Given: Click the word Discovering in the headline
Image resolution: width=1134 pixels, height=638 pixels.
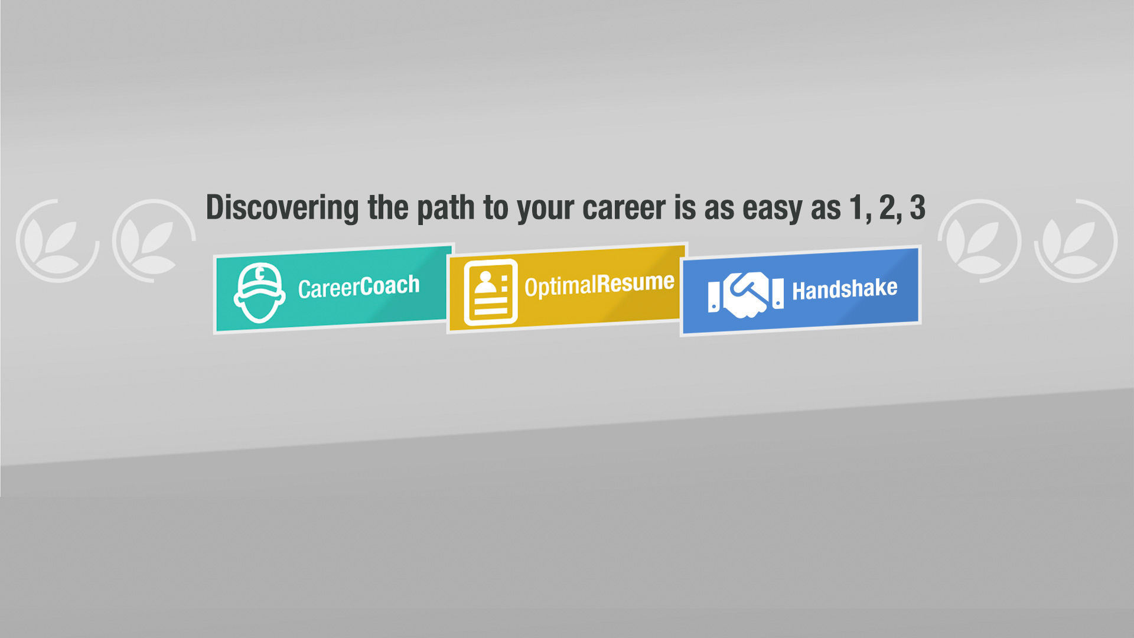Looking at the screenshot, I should click(282, 209).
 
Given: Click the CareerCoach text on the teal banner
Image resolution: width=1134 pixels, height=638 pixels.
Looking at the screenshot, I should click(359, 287).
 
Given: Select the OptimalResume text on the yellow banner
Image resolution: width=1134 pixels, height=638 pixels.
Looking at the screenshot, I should click(599, 285).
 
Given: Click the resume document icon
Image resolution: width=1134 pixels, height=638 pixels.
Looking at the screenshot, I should click(490, 292).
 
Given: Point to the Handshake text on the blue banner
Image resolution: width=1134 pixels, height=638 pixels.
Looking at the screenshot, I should click(845, 289).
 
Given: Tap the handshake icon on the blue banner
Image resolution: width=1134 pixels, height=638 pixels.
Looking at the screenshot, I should click(746, 294).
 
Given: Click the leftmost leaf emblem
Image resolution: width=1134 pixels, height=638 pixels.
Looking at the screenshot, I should click(57, 241).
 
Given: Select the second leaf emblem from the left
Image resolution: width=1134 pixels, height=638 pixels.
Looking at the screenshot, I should click(154, 241).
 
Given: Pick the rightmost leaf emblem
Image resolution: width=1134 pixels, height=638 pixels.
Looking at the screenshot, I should click(1076, 241).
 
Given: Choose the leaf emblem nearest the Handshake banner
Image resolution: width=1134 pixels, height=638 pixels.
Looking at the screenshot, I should click(979, 241).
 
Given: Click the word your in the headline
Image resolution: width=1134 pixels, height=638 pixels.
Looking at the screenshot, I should click(545, 209).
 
